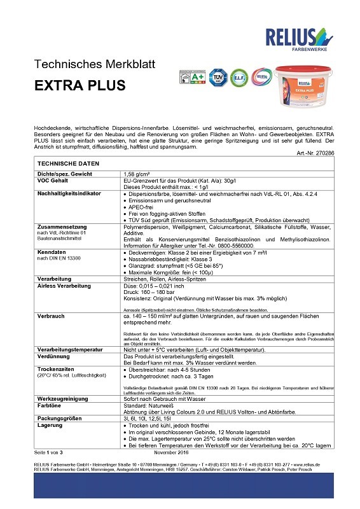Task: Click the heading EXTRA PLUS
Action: [x=80, y=85]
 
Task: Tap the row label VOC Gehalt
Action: [x=54, y=180]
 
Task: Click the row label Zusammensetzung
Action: [x=62, y=227]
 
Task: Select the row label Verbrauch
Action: [x=51, y=316]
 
